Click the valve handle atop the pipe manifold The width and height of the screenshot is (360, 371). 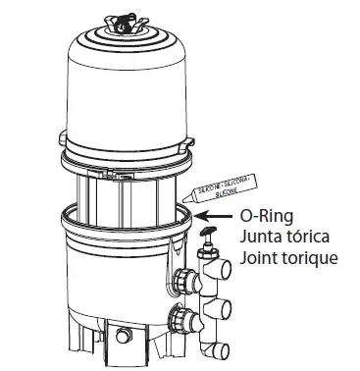(207, 236)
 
